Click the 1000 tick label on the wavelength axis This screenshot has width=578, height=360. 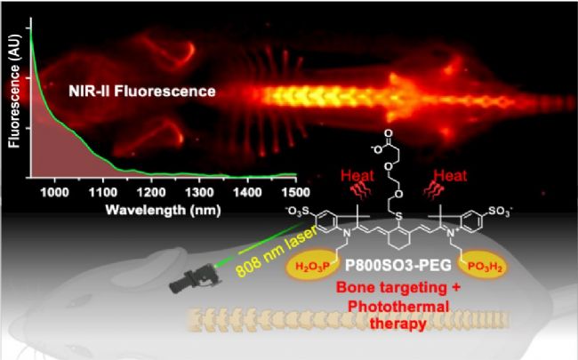click(x=54, y=192)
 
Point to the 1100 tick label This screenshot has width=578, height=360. click(x=103, y=192)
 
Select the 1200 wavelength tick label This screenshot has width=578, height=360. click(x=151, y=192)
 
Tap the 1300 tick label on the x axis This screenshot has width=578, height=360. click(x=199, y=192)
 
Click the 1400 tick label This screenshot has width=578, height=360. click(x=248, y=192)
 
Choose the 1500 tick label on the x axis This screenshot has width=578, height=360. click(x=295, y=192)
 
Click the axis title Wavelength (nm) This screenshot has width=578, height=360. click(x=163, y=210)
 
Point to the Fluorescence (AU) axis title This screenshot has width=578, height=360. click(x=14, y=92)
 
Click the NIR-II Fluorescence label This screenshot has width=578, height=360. click(x=142, y=91)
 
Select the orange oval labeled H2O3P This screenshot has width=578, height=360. click(x=313, y=266)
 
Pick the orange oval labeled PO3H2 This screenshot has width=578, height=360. click(x=485, y=266)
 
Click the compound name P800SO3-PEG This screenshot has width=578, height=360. click(x=397, y=265)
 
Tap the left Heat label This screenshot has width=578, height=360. click(x=357, y=175)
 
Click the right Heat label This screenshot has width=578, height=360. click(x=450, y=175)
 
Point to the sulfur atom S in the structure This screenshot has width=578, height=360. click(x=399, y=217)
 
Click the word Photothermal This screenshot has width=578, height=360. click(x=398, y=306)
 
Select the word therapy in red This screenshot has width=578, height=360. click(x=398, y=324)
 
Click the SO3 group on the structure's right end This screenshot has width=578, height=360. click(x=500, y=212)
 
